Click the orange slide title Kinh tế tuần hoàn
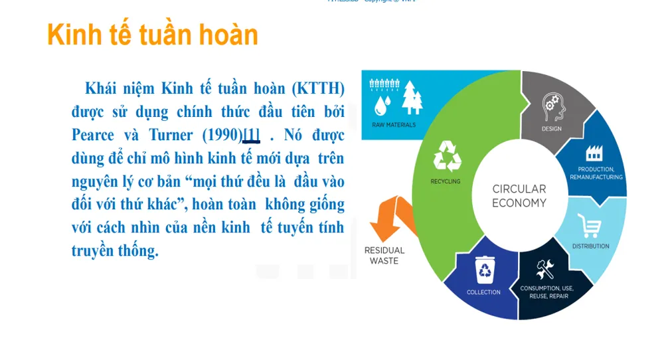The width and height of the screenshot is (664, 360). [x=153, y=35]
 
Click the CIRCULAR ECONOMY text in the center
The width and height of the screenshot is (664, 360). [x=519, y=196]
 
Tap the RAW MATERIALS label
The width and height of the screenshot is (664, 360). [x=394, y=125]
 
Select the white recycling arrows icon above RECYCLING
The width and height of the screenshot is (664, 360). [x=447, y=156]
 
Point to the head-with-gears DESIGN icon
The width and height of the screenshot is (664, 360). [x=552, y=105]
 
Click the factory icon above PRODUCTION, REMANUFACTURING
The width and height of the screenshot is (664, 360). [x=595, y=153]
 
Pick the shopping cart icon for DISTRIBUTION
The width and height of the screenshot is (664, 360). [x=589, y=226]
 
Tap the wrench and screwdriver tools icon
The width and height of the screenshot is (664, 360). [x=545, y=269]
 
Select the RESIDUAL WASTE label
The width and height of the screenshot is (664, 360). [x=384, y=256]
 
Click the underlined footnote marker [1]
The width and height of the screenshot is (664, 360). [x=251, y=135]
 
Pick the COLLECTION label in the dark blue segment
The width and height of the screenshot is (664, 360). [x=483, y=292]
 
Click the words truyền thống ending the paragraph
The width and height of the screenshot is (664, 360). [x=115, y=251]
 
